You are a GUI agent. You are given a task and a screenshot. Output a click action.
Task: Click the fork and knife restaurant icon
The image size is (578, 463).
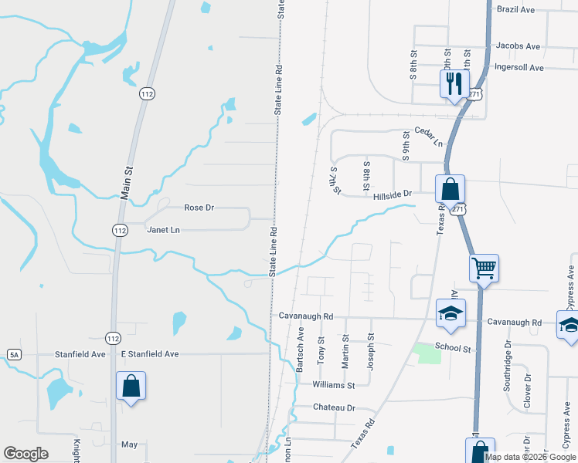[x=454, y=83]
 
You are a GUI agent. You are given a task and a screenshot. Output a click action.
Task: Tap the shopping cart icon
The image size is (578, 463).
[x=484, y=269]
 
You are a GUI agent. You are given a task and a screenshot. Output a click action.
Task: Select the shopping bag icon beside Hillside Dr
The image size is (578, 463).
[x=450, y=188]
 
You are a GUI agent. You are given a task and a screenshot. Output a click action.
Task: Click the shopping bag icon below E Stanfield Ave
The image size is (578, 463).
[x=131, y=386]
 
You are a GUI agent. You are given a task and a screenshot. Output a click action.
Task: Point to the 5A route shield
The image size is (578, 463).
[x=14, y=354]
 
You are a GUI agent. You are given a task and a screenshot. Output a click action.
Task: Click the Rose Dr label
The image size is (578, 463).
[x=199, y=208]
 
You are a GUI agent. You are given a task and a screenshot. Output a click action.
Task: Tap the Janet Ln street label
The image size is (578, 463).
[x=163, y=230]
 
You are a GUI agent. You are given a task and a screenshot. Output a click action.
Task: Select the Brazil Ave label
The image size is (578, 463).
[x=517, y=9]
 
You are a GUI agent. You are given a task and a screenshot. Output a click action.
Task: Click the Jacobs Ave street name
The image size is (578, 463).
[x=518, y=46]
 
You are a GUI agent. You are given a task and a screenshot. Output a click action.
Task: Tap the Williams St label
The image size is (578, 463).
[x=334, y=384]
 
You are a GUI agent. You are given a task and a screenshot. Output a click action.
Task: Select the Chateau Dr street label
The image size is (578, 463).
[x=334, y=407]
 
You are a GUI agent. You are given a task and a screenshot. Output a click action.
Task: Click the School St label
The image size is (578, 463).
[x=453, y=349]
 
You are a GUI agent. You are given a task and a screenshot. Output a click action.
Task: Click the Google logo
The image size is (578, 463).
[x=25, y=454]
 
